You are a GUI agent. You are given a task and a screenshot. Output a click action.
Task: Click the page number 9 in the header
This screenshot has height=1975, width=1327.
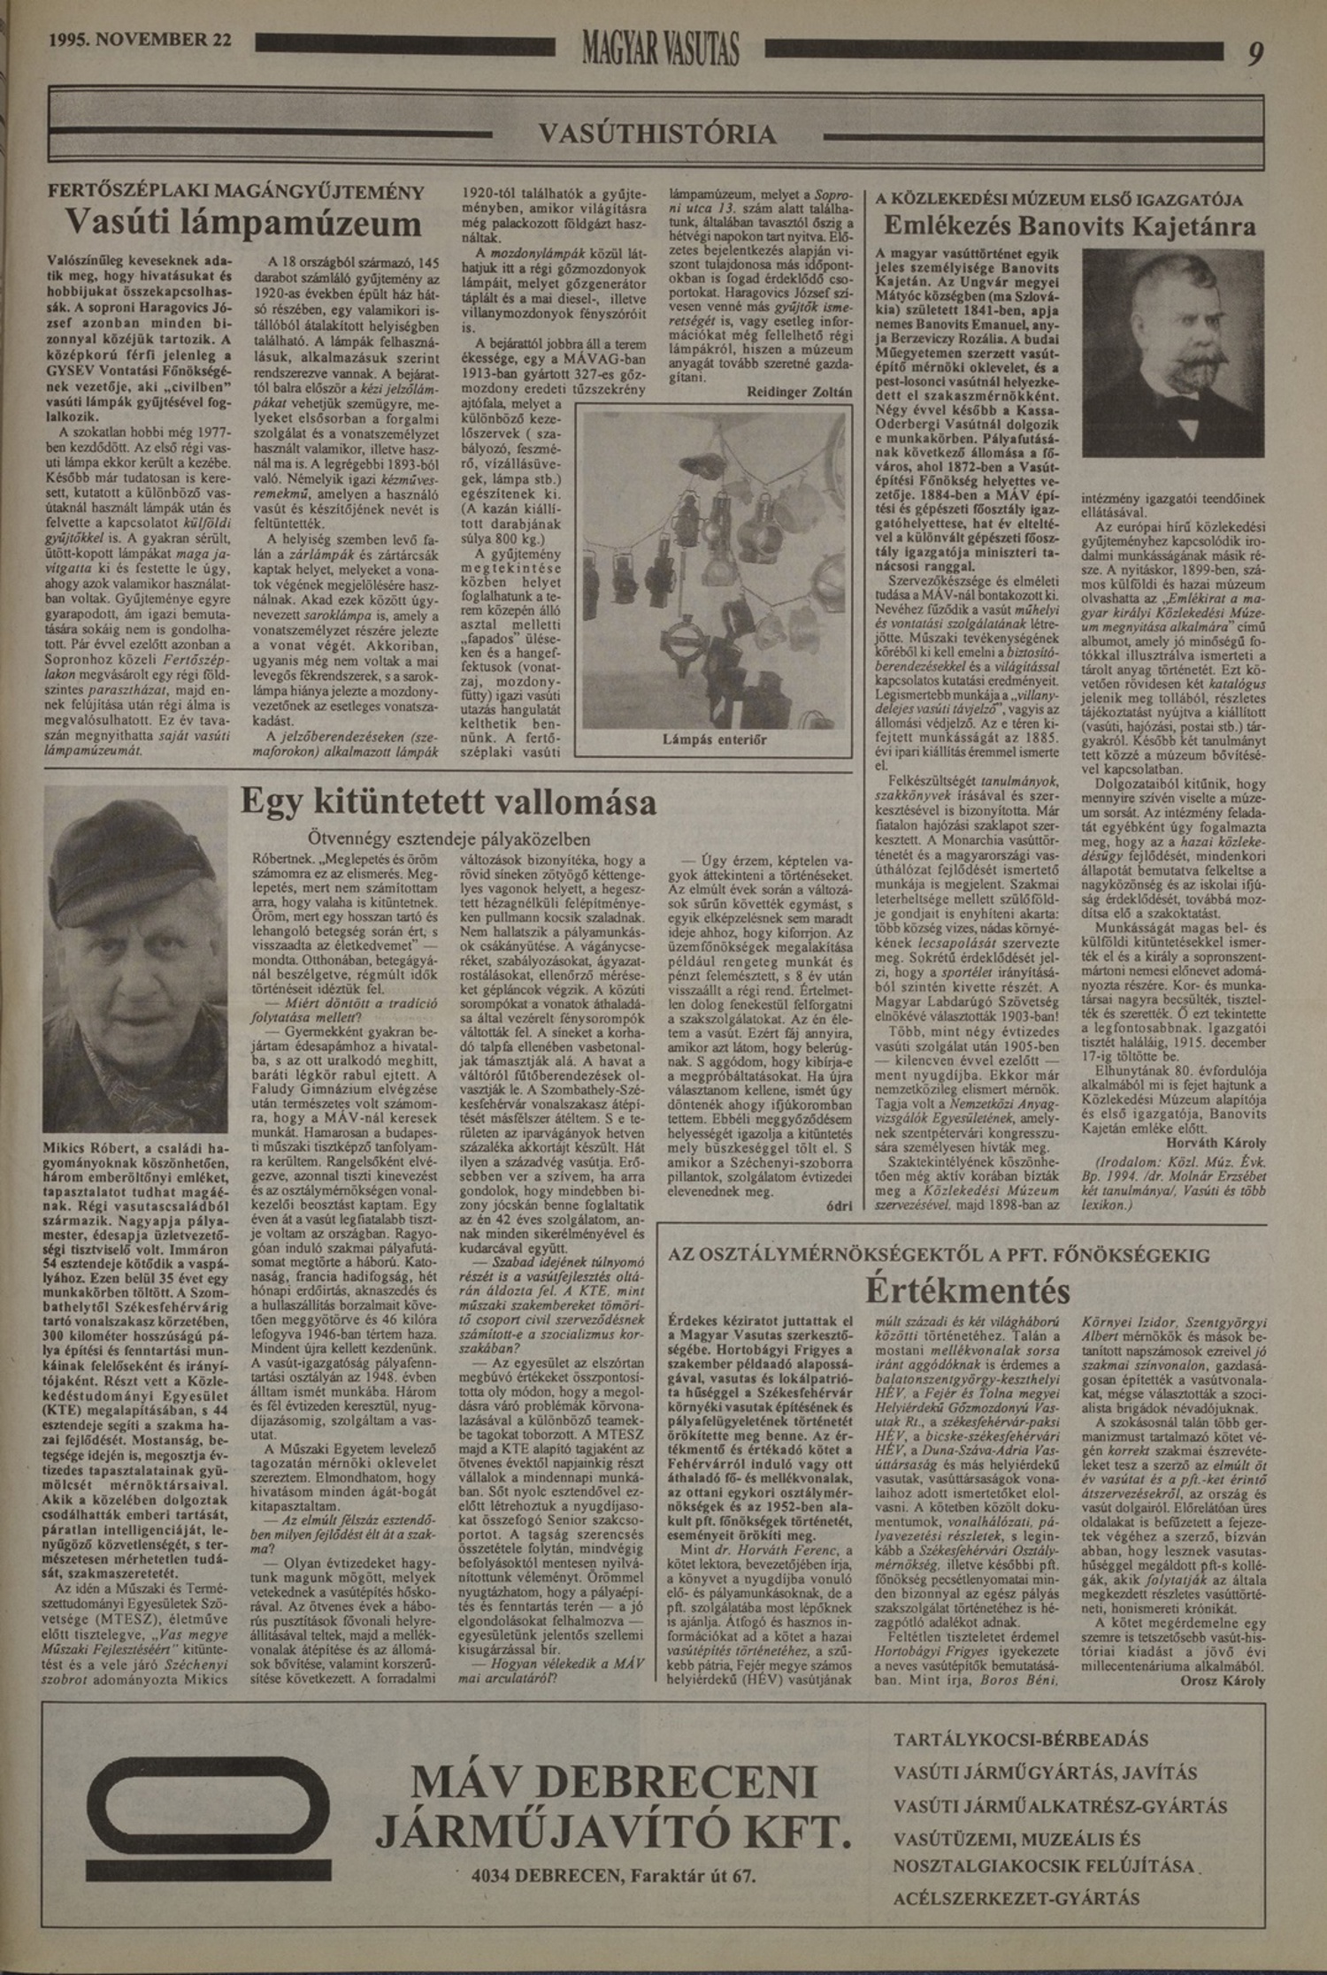1256,53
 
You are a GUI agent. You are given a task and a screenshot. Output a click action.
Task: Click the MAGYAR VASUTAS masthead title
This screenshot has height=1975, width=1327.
660,49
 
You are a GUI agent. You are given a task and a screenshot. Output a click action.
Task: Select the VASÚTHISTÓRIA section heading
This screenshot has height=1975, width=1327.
657,134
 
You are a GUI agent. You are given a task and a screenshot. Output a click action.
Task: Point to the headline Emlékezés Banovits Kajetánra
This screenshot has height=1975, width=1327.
1070,227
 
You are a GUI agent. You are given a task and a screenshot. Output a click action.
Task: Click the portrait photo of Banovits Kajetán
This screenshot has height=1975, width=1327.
1172,352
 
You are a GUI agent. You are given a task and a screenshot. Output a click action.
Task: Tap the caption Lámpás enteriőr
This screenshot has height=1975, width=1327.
715,739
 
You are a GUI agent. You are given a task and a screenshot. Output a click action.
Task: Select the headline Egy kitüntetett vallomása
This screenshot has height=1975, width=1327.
449,802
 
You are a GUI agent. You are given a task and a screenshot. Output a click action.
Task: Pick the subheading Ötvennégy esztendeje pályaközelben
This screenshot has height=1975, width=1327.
449,838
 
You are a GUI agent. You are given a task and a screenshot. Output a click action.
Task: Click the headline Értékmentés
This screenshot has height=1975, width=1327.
967,1290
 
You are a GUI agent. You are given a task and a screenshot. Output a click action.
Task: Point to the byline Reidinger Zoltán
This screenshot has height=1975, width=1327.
800,392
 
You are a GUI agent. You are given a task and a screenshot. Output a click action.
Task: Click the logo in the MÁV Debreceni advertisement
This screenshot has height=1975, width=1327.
199,1832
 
